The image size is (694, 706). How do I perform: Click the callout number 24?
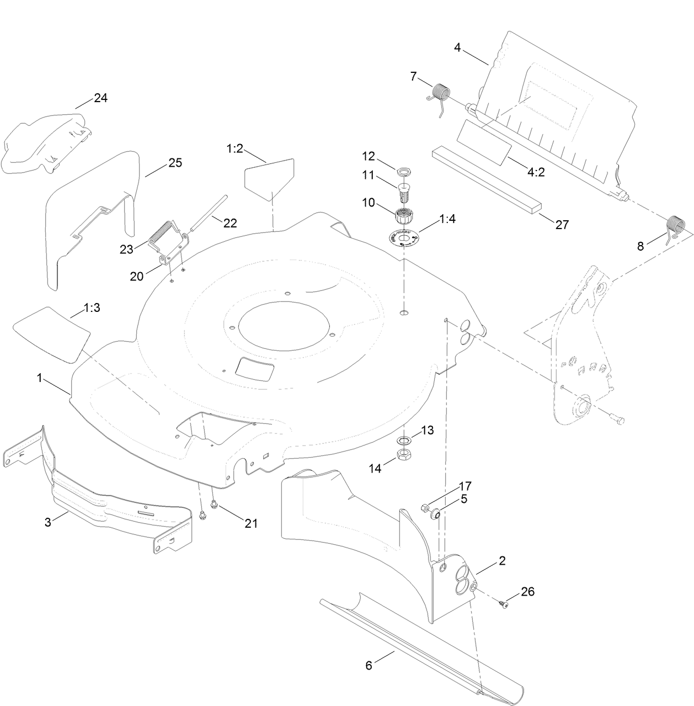click(x=100, y=98)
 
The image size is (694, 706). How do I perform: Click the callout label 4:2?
click(x=536, y=172)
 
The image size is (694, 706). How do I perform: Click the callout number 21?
click(x=251, y=523)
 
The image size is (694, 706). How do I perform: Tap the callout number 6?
click(x=369, y=665)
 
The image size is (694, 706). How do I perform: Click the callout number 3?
click(x=48, y=522)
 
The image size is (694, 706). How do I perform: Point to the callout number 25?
click(x=175, y=163)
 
